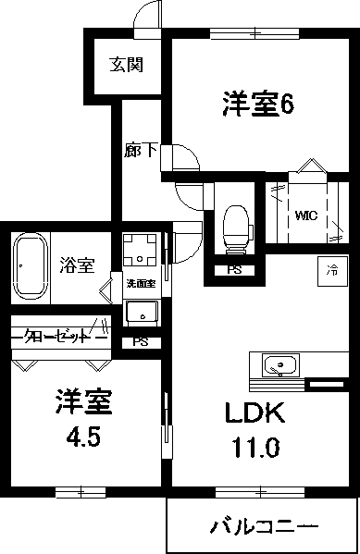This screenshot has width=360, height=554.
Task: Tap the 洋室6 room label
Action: (257, 105)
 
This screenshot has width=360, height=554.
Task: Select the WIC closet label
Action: (306, 215)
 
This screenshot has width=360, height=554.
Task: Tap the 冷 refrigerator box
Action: (331, 271)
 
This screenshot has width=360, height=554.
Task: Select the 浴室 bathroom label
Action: (77, 265)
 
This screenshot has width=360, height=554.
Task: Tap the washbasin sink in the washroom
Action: (142, 313)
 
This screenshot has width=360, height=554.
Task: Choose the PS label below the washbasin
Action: (140, 341)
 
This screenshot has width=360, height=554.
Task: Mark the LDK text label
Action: (248, 413)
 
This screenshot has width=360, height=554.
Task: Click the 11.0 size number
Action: (251, 449)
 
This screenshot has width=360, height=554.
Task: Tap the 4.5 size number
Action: (81, 435)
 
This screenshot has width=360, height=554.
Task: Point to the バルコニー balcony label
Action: (263, 528)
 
